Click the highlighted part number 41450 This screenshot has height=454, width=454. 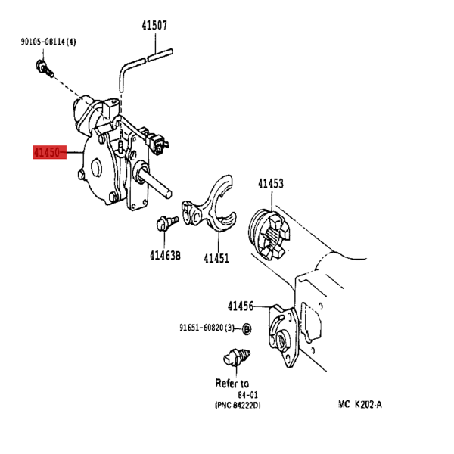pyautogui.click(x=47, y=152)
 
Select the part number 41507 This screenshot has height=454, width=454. pyautogui.click(x=154, y=26)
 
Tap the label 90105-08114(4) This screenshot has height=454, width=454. pyautogui.click(x=48, y=42)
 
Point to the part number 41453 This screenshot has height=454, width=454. pyautogui.click(x=271, y=184)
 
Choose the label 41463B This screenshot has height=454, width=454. pyautogui.click(x=165, y=256)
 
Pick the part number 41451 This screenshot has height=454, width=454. pyautogui.click(x=216, y=258)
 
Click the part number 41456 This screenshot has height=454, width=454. pyautogui.click(x=241, y=306)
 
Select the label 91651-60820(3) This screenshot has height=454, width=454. pyautogui.click(x=207, y=328)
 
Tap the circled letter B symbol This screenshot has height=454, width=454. pyautogui.click(x=247, y=329)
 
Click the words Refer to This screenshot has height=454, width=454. pyautogui.click(x=232, y=384)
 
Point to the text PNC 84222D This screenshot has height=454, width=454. pyautogui.click(x=238, y=405)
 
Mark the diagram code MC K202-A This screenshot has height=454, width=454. pyautogui.click(x=360, y=404)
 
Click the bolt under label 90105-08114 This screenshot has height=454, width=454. pyautogui.click(x=45, y=69)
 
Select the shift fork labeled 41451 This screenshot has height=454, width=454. pyautogui.click(x=210, y=205)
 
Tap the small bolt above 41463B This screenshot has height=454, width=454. pyautogui.click(x=166, y=223)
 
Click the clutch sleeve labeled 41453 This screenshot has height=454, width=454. pyautogui.click(x=269, y=234)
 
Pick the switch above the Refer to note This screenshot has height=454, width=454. pyautogui.click(x=236, y=358)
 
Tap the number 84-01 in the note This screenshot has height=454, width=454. pyautogui.click(x=248, y=395)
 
